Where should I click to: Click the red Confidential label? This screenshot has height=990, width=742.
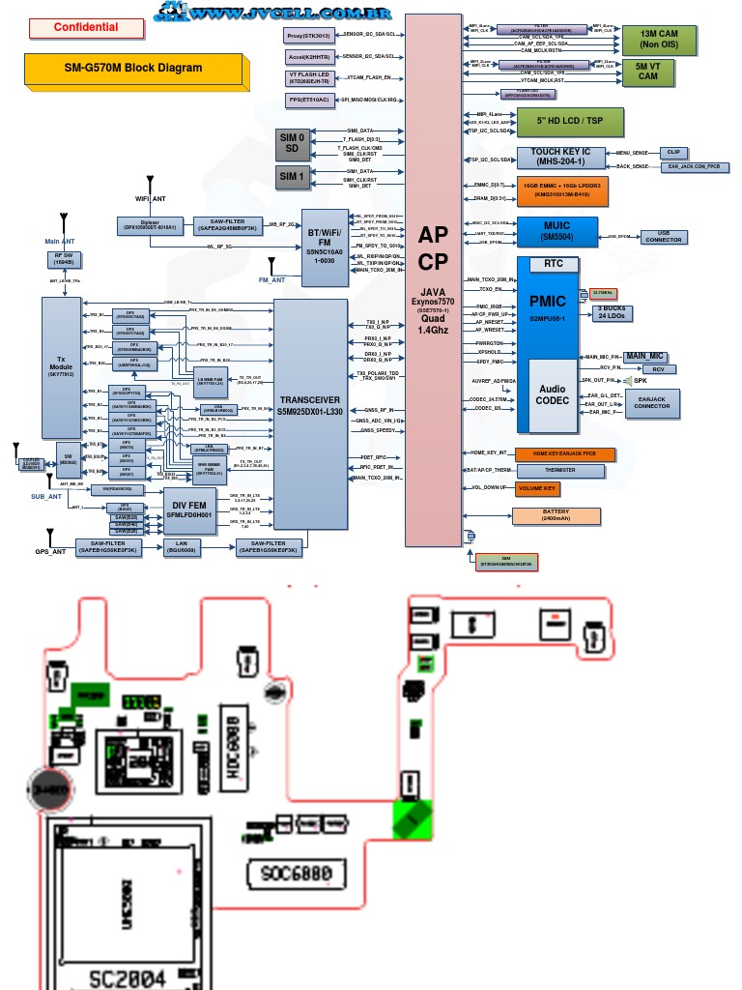(x=86, y=27)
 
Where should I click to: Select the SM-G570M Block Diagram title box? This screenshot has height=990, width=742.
(x=132, y=68)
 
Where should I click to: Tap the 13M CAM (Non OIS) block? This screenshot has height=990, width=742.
(x=659, y=40)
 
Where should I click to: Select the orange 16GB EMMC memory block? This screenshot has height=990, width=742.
(x=561, y=190)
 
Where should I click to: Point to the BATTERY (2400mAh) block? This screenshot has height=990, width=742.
(x=556, y=515)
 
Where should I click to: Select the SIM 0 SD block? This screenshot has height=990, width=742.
(x=292, y=143)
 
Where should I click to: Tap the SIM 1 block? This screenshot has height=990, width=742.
(x=292, y=177)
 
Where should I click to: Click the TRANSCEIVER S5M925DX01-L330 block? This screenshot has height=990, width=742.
(x=310, y=405)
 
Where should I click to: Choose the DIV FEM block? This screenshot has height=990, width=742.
(x=188, y=510)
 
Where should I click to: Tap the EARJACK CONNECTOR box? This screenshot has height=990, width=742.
(x=652, y=402)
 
